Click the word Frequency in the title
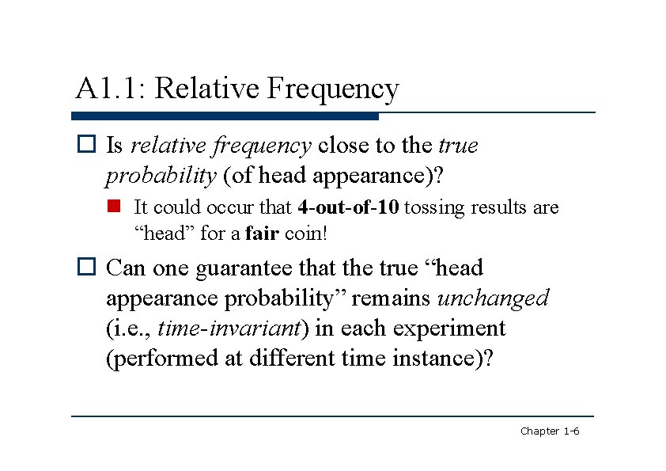click(333, 89)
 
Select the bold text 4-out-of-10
click(350, 208)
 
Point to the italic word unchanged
click(493, 298)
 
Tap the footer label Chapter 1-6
click(550, 431)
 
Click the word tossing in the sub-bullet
click(436, 208)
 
